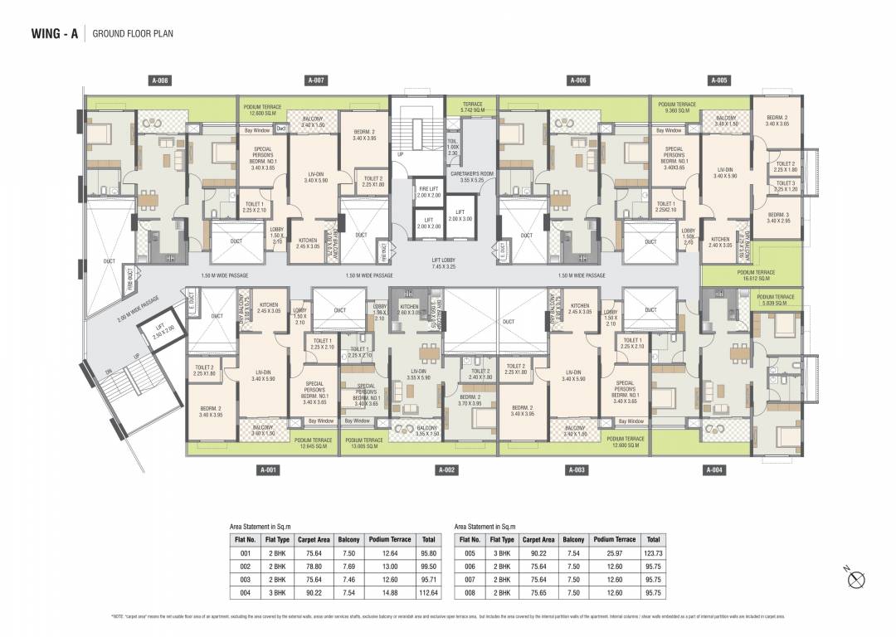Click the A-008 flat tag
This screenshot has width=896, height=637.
(x=161, y=80)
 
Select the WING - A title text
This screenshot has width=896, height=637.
(x=55, y=34)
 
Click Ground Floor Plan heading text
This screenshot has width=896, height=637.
(x=133, y=34)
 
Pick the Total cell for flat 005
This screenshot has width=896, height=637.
(x=653, y=553)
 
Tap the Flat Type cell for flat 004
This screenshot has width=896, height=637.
(x=276, y=593)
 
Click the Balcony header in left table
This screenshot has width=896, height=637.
(x=347, y=539)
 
